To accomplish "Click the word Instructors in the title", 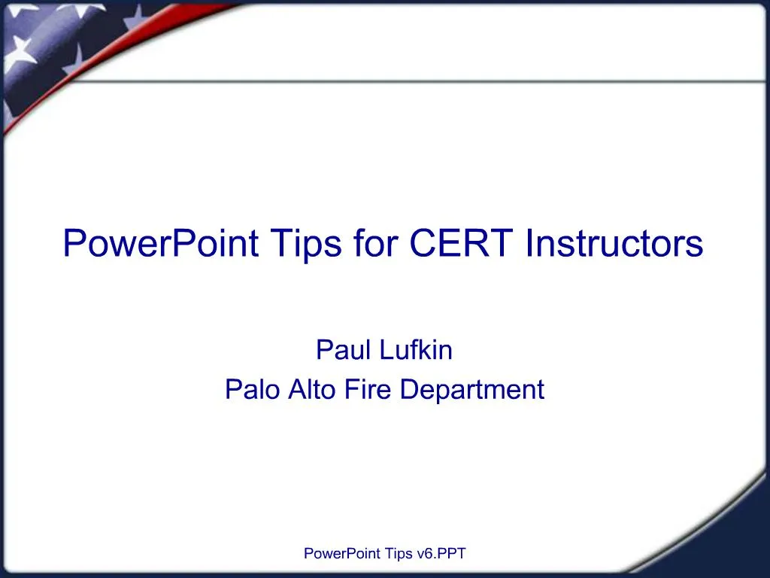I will tap(614, 243).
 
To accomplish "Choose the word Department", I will tap(472, 389).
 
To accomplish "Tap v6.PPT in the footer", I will tap(441, 554).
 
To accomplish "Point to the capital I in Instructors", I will tap(529, 243).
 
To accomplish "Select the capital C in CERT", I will tap(422, 243).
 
